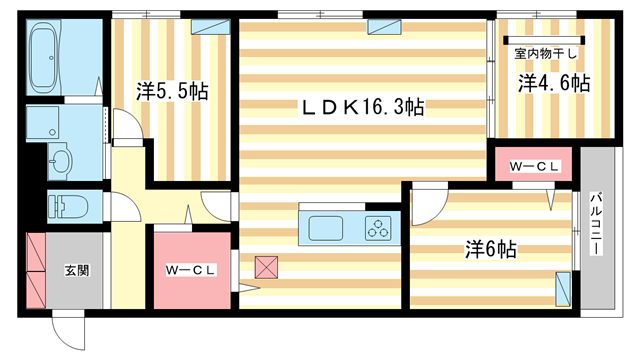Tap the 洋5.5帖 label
coord(172,92)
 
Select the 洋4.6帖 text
coord(553,84)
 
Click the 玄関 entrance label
coord(77,270)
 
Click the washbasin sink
coord(59,160)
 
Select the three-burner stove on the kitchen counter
coord(380,229)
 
